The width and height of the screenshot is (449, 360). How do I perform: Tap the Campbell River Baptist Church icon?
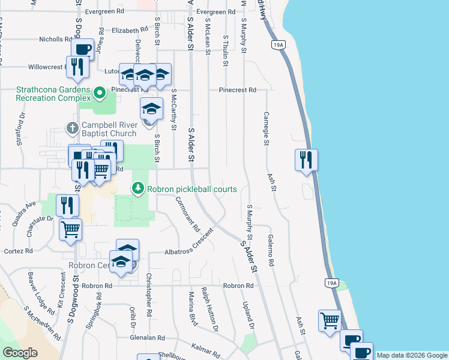pos(72,128)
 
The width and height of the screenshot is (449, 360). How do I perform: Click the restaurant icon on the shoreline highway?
pos(306,160)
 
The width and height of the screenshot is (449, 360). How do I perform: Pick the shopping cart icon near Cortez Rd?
pos(70,229)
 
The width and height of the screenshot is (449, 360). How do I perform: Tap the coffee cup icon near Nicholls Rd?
pos(82,49)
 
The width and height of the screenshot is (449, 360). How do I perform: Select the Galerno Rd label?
pos(271,250)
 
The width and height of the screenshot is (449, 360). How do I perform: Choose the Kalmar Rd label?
pos(206,347)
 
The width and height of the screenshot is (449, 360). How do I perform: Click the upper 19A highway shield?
pos(278,45)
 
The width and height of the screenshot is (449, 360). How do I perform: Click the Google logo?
pos(20,352)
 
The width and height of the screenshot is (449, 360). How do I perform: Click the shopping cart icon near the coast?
pos(330,320)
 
